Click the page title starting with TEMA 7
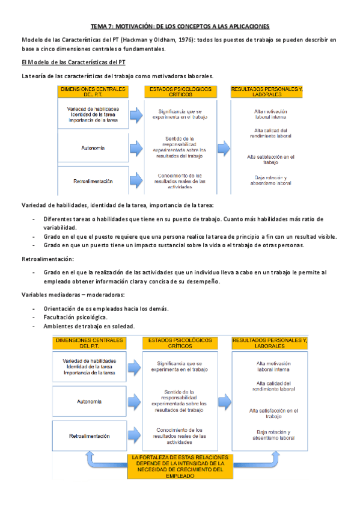point(180,26)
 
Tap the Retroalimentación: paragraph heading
point(47,259)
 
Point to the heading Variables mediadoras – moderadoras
point(73,295)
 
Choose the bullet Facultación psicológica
point(76,316)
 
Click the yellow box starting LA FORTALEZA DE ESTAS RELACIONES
point(179,466)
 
